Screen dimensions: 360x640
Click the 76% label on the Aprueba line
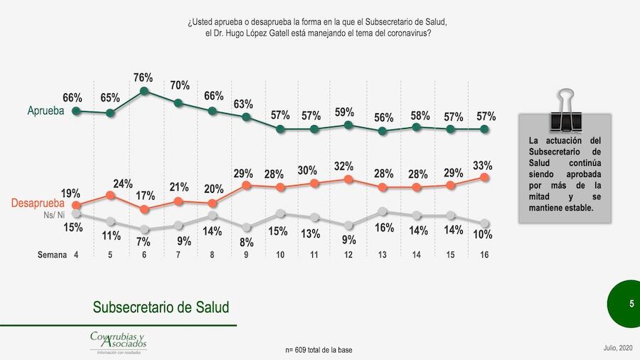pos(144,78)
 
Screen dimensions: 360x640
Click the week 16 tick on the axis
pos(484,254)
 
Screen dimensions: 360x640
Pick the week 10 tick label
pos(280,254)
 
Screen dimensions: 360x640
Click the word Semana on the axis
pos(52,254)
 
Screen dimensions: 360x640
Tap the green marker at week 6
pos(144,91)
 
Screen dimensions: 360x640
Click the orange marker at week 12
pos(348,180)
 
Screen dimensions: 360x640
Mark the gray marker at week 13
pos(383,211)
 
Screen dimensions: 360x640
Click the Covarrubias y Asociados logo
pos(117,342)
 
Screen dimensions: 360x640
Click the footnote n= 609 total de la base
pos(319,350)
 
